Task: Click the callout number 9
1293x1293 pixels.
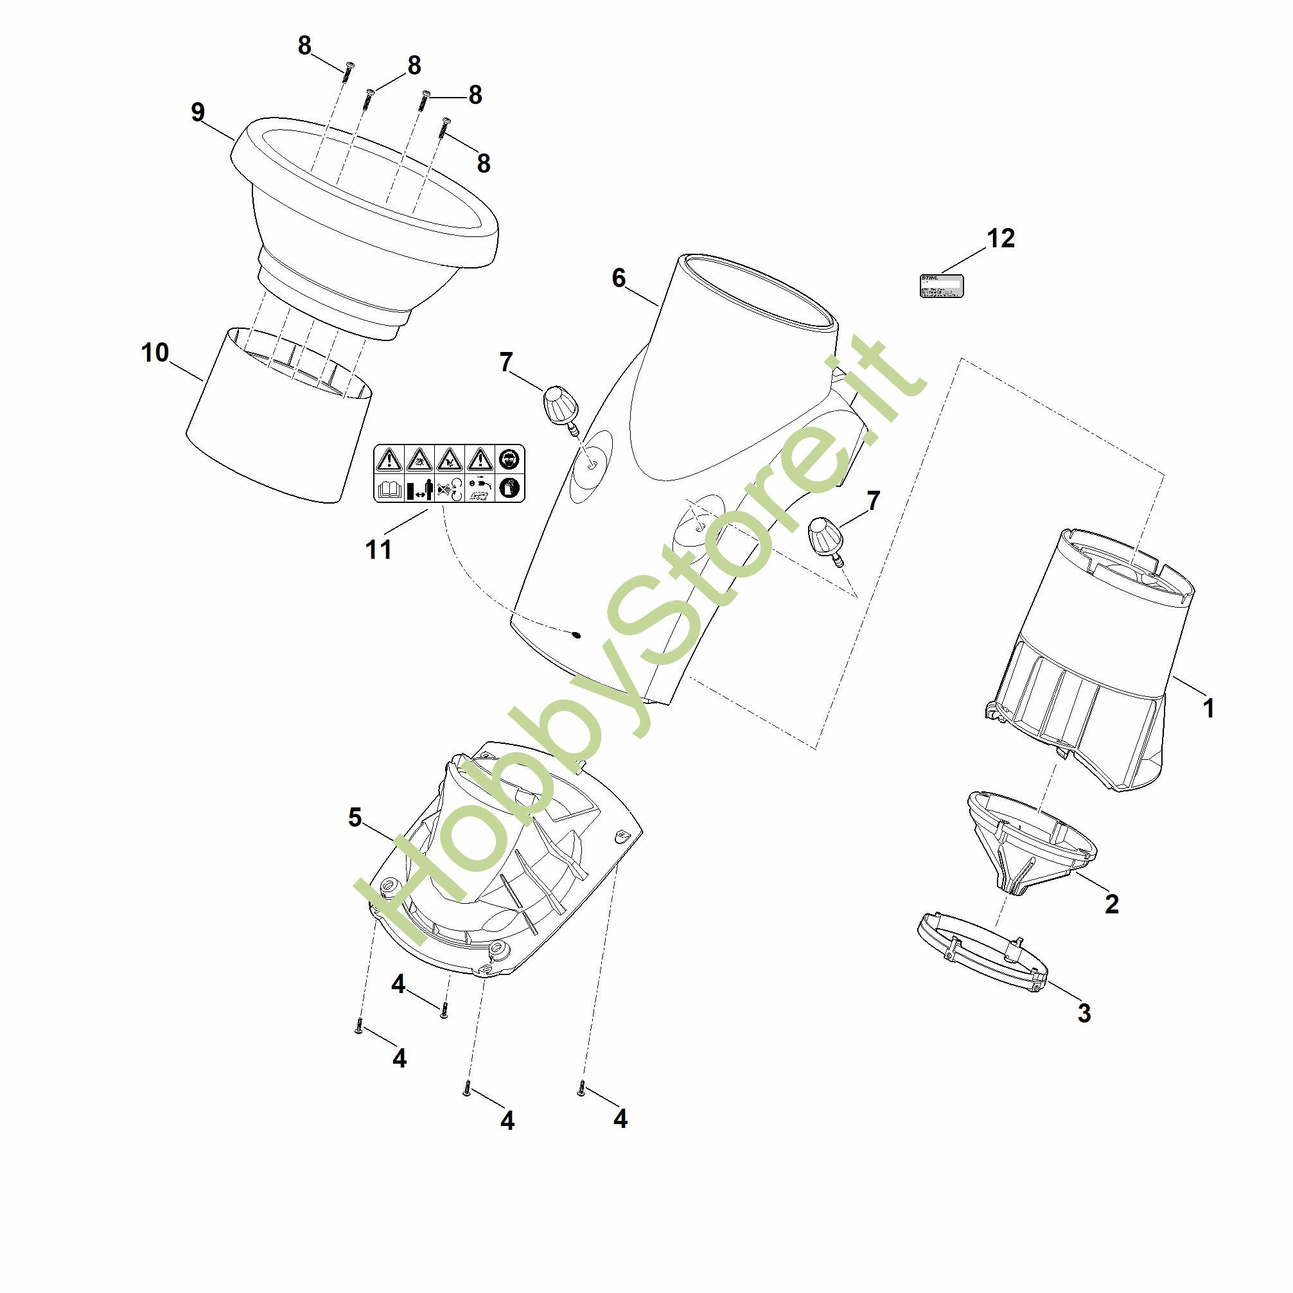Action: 197,112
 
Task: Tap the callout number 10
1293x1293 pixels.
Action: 155,353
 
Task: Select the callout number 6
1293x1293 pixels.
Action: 619,277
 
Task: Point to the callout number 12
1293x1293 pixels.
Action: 1001,238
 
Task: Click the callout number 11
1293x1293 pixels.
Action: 378,549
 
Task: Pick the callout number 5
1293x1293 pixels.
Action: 355,817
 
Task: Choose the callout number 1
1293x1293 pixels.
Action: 1208,708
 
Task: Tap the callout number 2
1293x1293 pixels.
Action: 1112,904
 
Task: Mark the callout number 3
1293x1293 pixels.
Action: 1084,1013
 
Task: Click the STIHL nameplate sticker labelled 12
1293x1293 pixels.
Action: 940,286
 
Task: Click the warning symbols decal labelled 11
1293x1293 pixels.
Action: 448,473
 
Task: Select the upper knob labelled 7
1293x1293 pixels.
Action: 560,406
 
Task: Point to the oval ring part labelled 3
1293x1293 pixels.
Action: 981,958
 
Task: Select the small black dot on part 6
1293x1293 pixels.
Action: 576,635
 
